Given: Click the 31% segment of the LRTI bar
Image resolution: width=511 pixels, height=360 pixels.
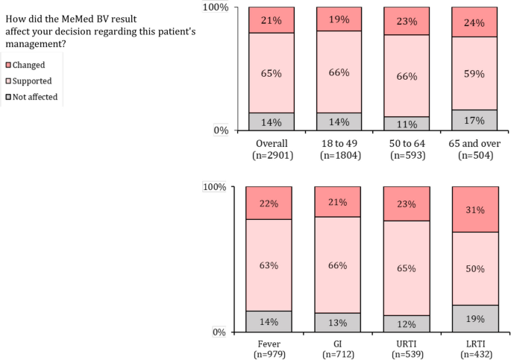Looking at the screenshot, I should point(474,209).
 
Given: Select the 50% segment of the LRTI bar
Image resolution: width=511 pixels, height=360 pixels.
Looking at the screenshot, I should point(474,268).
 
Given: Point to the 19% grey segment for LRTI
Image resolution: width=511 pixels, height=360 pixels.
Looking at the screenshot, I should point(474,319).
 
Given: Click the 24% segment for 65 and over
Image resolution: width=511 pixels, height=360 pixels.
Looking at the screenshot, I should point(474,22).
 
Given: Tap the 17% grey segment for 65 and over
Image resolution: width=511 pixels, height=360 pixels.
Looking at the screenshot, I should point(474,120).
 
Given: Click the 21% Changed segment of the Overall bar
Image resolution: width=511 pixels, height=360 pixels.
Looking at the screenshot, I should point(271,20).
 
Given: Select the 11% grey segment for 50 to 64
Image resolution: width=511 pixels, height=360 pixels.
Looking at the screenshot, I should point(407,124).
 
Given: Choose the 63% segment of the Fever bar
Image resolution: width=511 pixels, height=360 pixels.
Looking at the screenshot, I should point(269,265).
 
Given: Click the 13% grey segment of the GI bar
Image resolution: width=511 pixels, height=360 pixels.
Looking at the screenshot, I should point(337,323).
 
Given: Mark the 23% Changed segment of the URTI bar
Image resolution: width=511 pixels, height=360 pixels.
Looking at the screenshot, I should point(406,203).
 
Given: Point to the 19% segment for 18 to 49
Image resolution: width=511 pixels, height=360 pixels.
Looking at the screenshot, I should point(339,19).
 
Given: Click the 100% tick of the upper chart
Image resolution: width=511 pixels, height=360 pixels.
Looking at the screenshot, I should point(216,7).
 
